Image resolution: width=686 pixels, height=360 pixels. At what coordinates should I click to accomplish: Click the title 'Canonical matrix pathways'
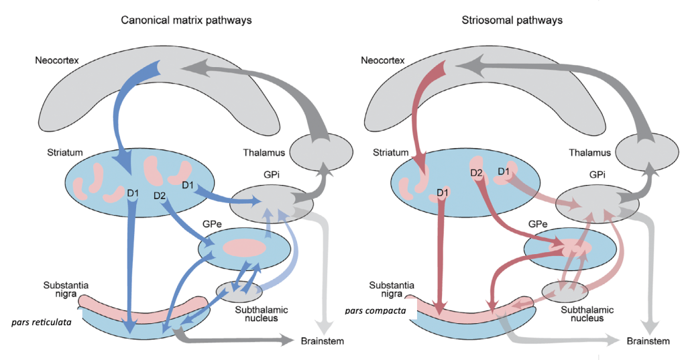point(186,20)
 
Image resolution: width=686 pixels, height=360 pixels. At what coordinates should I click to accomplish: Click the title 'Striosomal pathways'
point(512,20)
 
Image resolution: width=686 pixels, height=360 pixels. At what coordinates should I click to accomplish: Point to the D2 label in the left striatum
point(160,196)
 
